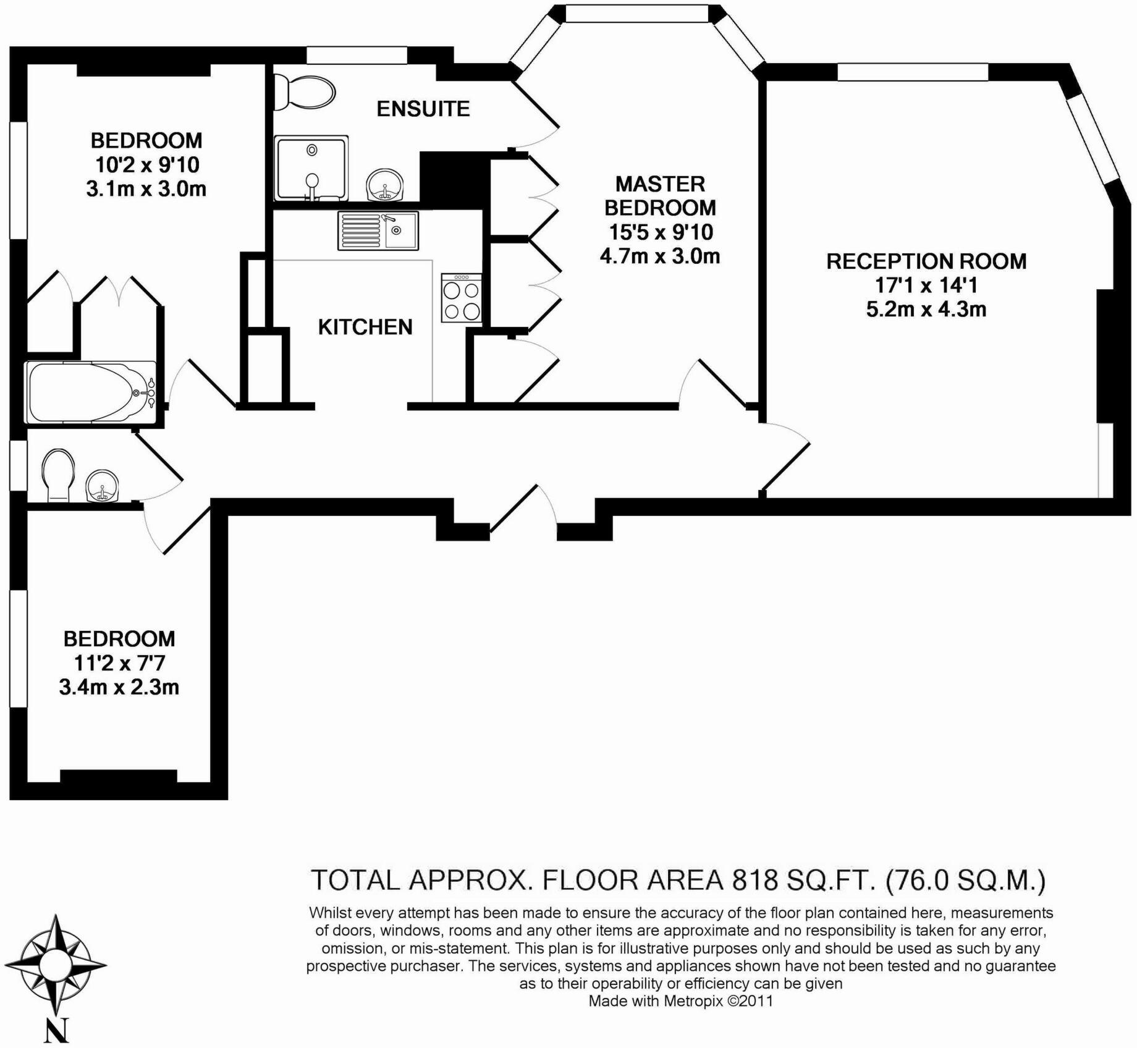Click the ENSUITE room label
click(423, 109)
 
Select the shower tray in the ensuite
click(311, 168)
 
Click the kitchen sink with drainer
click(378, 230)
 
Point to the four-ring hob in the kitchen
click(461, 298)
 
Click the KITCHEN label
click(365, 327)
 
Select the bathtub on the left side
click(90, 392)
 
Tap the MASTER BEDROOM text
click(660, 195)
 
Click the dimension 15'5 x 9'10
click(661, 232)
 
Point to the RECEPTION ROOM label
click(926, 261)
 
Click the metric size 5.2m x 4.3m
click(926, 309)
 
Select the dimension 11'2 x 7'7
click(119, 663)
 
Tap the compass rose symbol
click(56, 963)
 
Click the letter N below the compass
click(56, 1029)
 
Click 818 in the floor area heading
click(754, 880)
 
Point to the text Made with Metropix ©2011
click(680, 1000)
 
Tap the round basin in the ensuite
click(385, 185)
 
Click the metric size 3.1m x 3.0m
click(146, 189)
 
